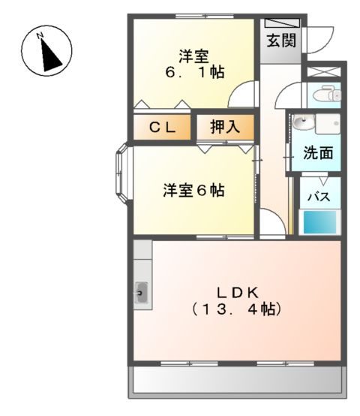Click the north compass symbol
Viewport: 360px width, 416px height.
pos(46,50)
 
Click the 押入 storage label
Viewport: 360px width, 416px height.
pos(224,128)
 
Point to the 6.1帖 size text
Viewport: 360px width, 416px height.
pos(194,74)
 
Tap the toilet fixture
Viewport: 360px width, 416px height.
pos(327,95)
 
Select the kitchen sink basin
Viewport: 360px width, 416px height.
pos(142,291)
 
